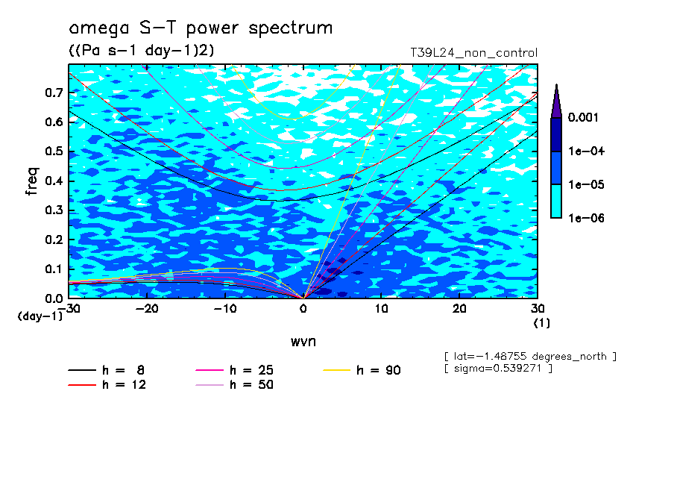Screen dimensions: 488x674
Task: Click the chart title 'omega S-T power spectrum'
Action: coord(201,29)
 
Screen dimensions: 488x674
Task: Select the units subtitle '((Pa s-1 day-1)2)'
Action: coord(136,51)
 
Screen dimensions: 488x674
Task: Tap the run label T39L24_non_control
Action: coord(473,52)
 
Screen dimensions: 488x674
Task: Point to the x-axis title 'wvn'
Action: coord(303,341)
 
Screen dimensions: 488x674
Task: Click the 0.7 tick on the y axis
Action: coord(54,93)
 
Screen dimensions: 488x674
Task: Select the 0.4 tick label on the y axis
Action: coord(54,181)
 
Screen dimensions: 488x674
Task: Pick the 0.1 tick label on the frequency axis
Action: coord(54,269)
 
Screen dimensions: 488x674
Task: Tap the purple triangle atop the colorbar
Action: coord(555,101)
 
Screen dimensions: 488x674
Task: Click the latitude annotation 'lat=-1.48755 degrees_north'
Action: coord(530,357)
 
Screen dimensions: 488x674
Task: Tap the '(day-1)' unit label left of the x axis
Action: coord(40,316)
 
